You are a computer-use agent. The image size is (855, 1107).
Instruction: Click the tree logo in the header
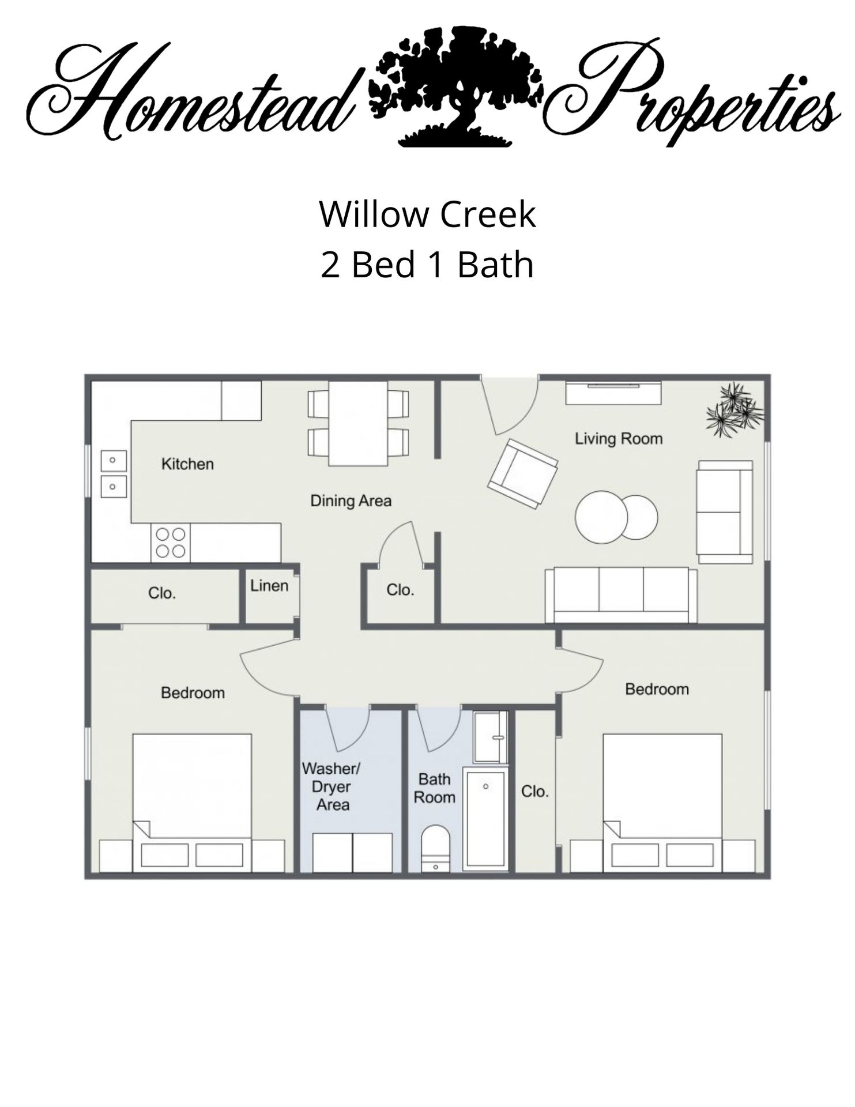pyautogui.click(x=455, y=86)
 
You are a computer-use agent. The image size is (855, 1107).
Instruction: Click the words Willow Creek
pyautogui.click(x=427, y=214)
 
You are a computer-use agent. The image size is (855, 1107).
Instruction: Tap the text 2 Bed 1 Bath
pyautogui.click(x=427, y=265)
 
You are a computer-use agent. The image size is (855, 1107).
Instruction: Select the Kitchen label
pyautogui.click(x=187, y=464)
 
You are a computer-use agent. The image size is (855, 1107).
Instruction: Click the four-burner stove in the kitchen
pyautogui.click(x=171, y=543)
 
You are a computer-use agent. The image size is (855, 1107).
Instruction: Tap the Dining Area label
pyautogui.click(x=351, y=500)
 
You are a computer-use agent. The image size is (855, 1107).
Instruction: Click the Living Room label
pyautogui.click(x=619, y=439)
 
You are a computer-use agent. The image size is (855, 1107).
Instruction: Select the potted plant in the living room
pyautogui.click(x=733, y=409)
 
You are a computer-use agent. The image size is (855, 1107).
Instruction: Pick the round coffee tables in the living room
pyautogui.click(x=616, y=517)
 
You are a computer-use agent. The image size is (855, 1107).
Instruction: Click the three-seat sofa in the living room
pyautogui.click(x=621, y=595)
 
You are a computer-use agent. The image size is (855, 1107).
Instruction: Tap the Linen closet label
pyautogui.click(x=269, y=586)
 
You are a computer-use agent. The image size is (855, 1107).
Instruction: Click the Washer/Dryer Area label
pyautogui.click(x=332, y=786)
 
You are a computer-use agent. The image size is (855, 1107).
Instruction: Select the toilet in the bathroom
pyautogui.click(x=435, y=847)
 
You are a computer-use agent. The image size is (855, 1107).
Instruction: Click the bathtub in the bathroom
pyautogui.click(x=486, y=819)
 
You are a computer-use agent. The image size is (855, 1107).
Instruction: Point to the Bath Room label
pyautogui.click(x=435, y=788)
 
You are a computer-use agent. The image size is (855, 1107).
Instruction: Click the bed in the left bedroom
pyautogui.click(x=192, y=801)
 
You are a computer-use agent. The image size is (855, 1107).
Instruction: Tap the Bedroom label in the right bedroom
pyautogui.click(x=657, y=689)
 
